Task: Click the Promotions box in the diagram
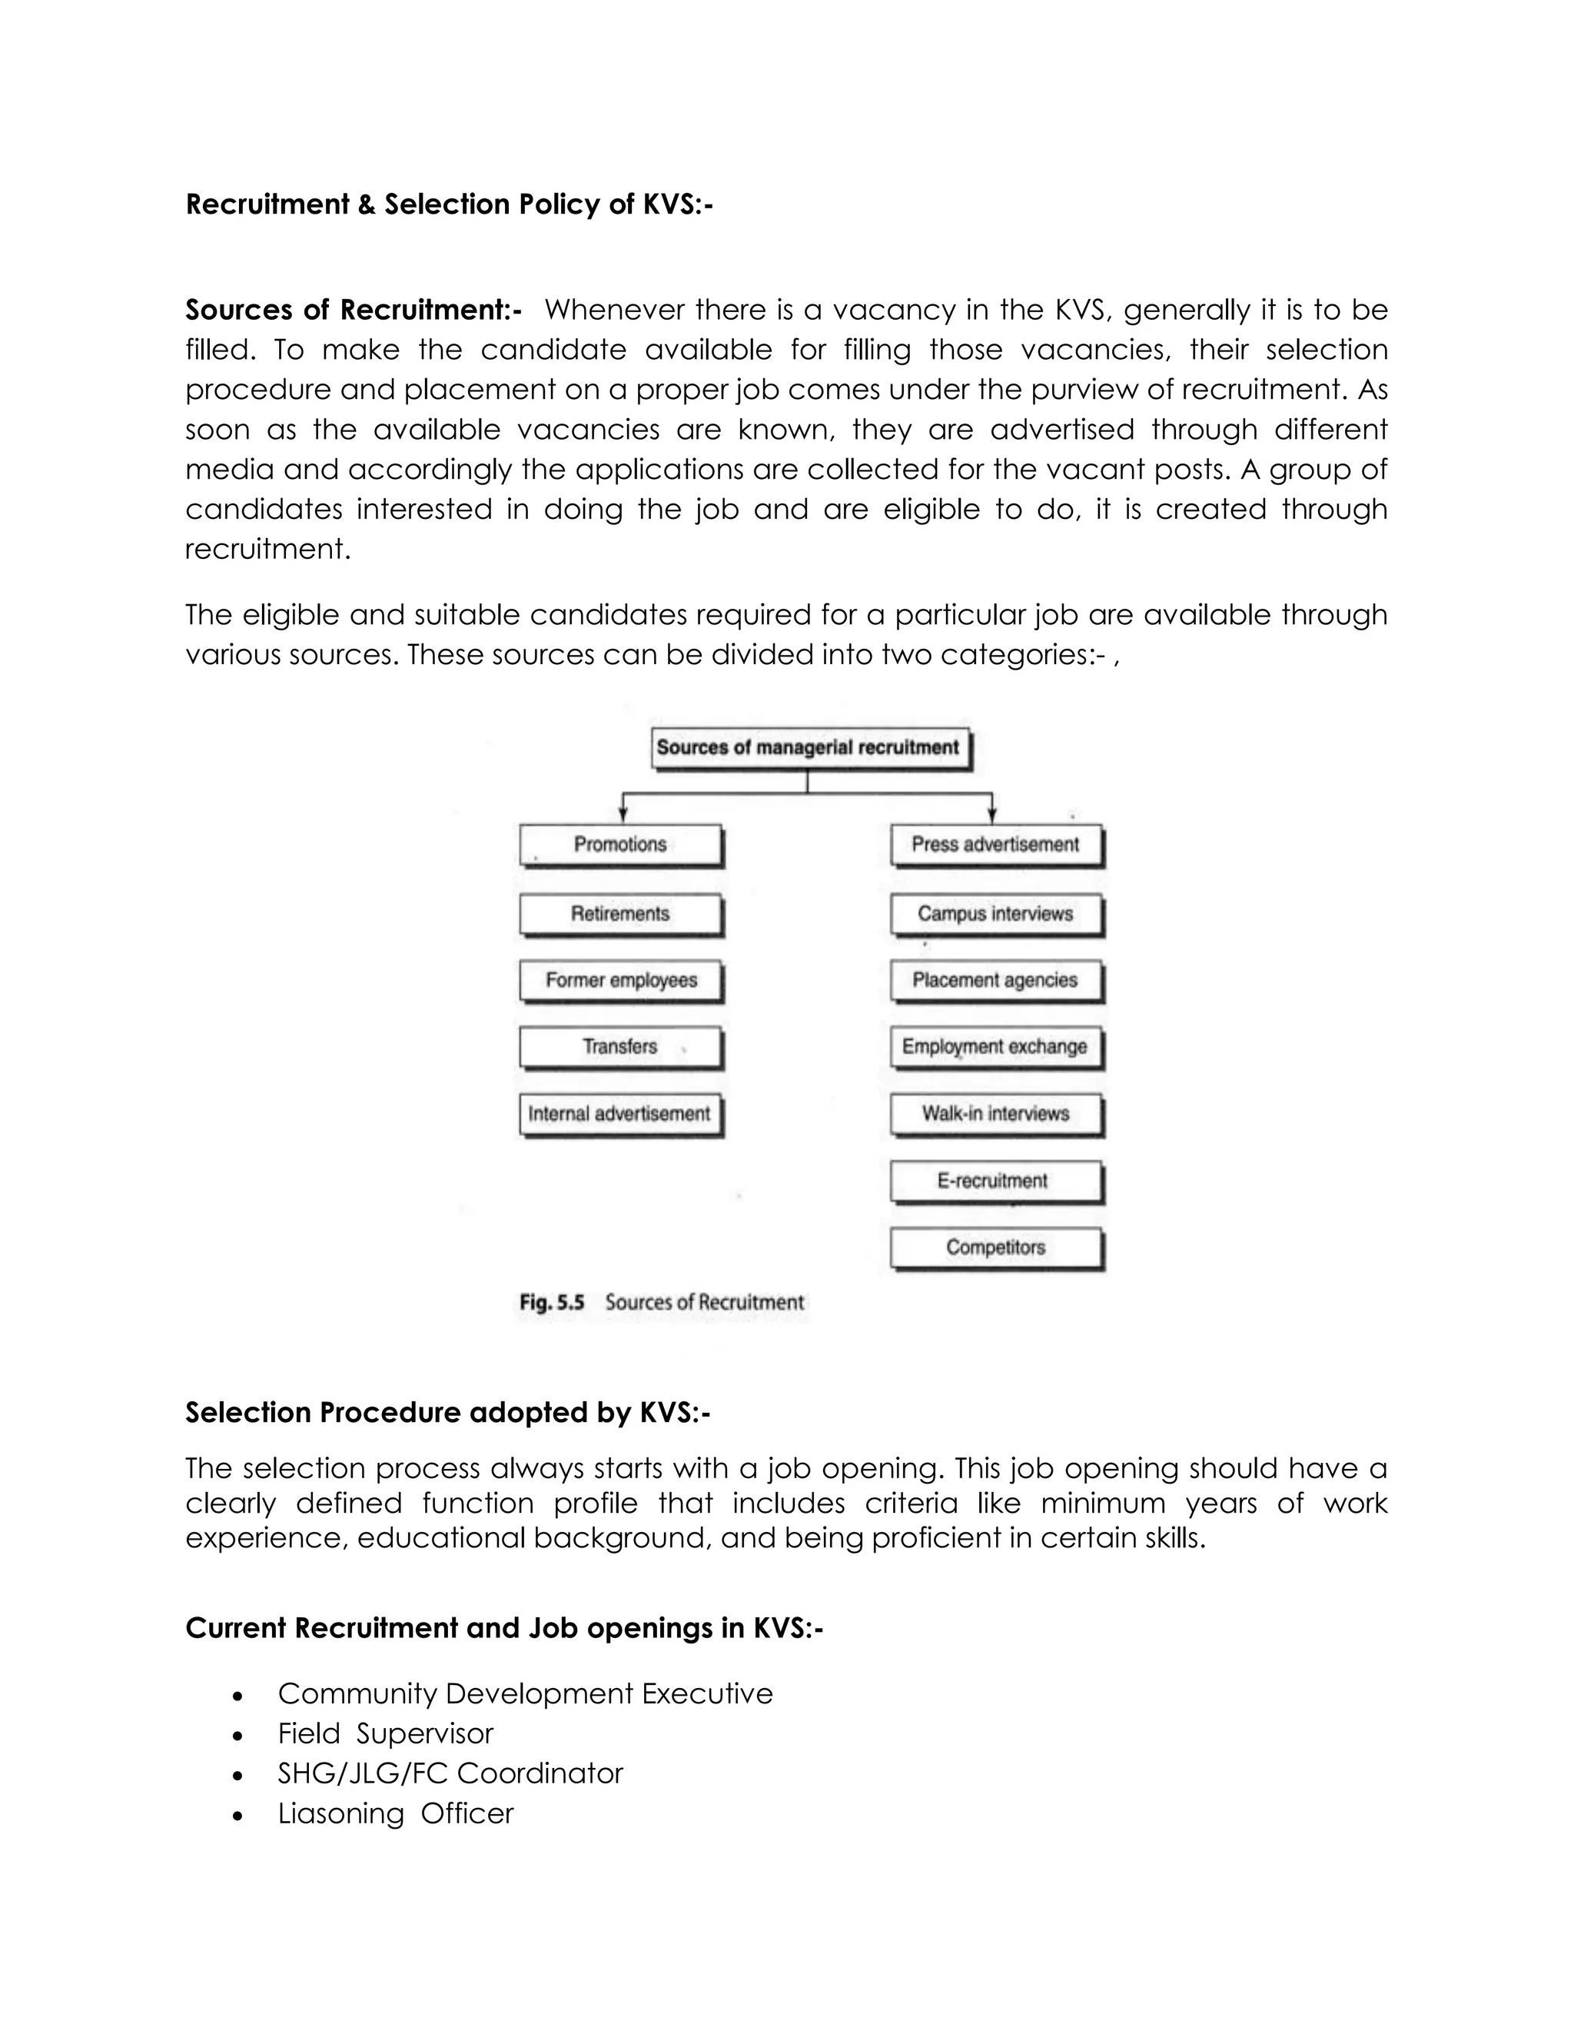(x=620, y=844)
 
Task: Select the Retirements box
(x=620, y=914)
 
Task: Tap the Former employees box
(x=620, y=980)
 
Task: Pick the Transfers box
(x=620, y=1046)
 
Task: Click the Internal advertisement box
(x=620, y=1114)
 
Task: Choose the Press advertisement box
(x=995, y=844)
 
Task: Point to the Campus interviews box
(x=995, y=914)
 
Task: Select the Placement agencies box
(x=995, y=980)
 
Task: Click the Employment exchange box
(x=995, y=1046)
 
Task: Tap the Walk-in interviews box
(x=995, y=1114)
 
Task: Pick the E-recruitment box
(x=995, y=1181)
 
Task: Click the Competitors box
(x=995, y=1248)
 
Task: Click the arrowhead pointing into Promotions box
(x=623, y=815)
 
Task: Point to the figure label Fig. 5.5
(x=552, y=1302)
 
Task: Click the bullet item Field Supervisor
(x=385, y=1733)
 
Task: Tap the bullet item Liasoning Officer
(x=395, y=1813)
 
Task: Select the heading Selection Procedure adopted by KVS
(x=447, y=1412)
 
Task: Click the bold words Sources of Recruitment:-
(x=354, y=310)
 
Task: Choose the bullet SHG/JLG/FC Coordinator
(x=450, y=1773)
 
